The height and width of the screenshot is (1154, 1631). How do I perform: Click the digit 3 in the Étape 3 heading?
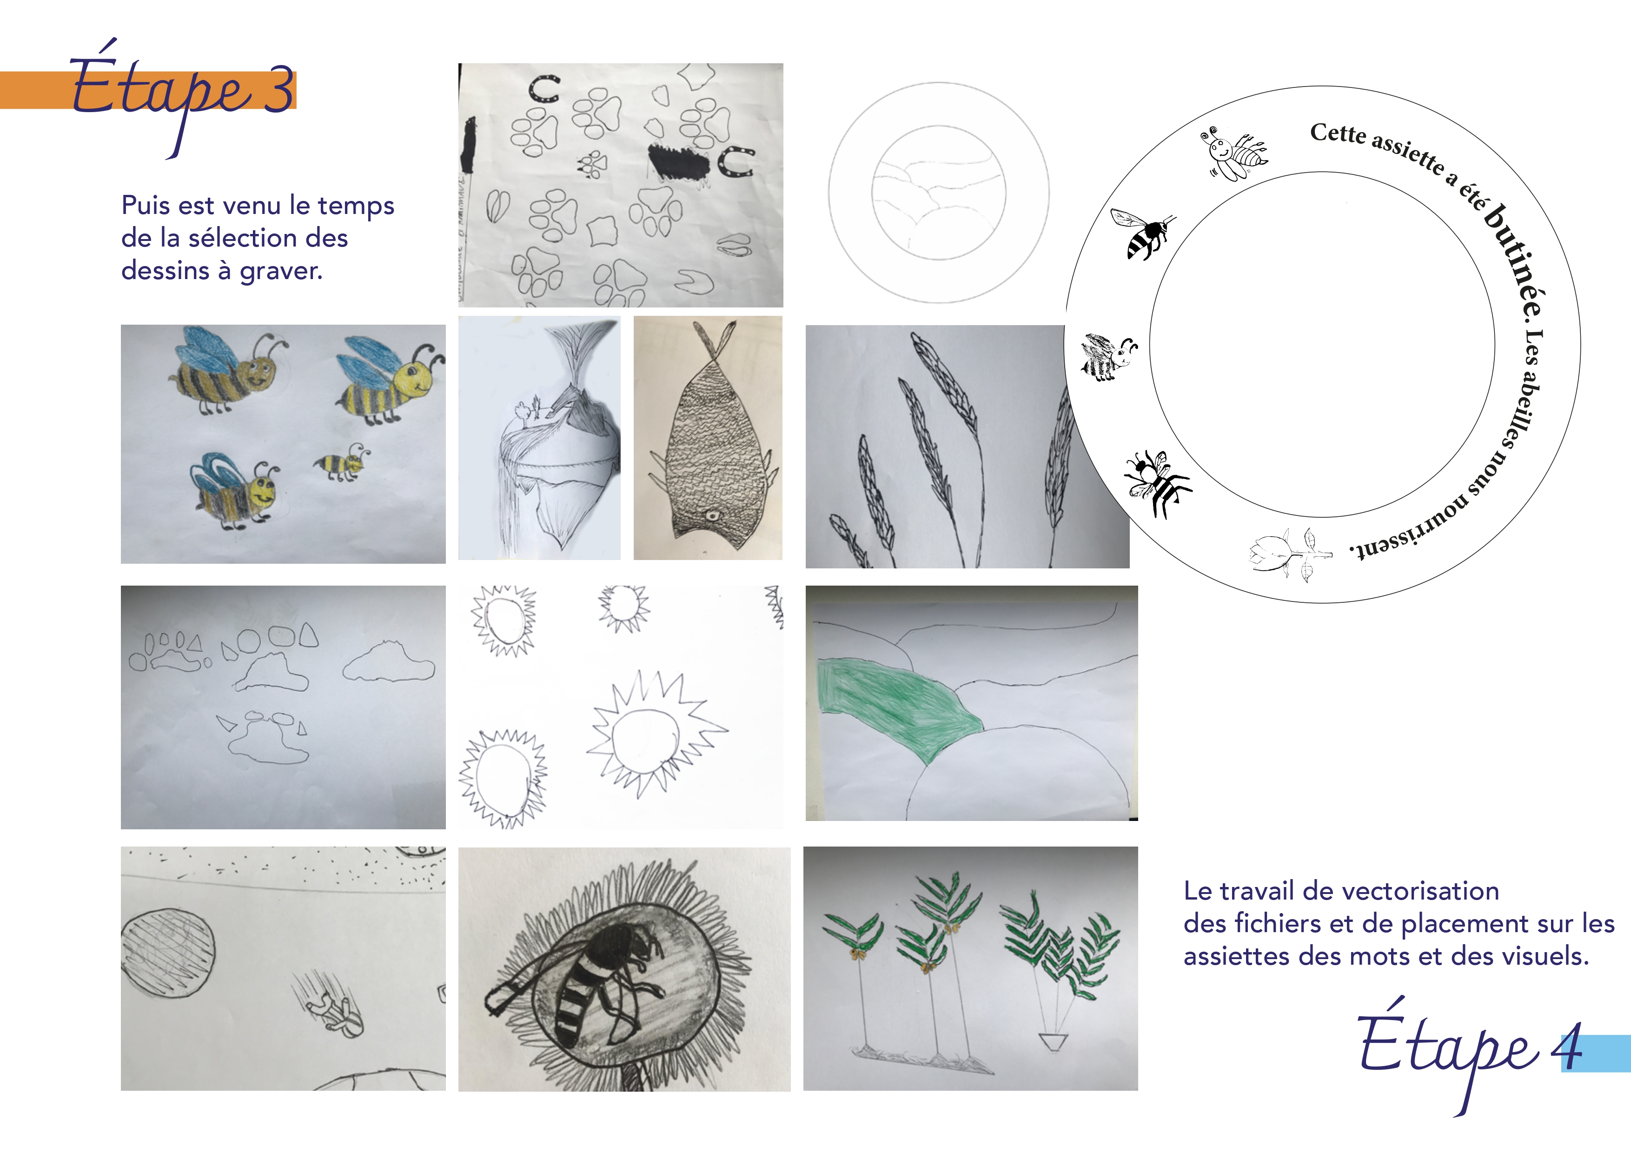click(x=278, y=90)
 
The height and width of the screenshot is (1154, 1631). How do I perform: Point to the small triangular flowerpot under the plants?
click(x=1054, y=1041)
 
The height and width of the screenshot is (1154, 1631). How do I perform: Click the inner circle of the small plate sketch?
click(x=938, y=193)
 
